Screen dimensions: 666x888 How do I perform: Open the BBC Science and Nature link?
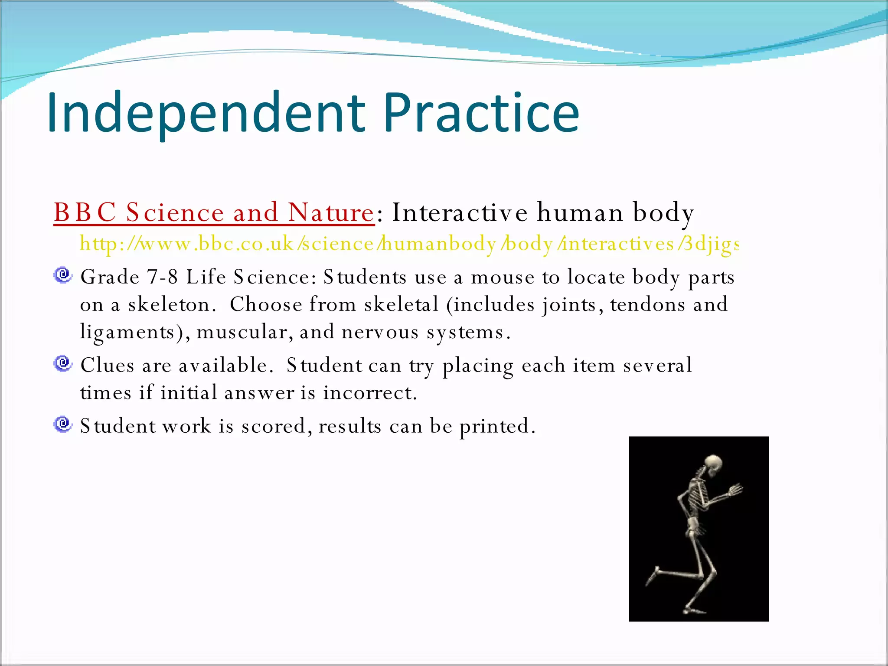pyautogui.click(x=214, y=212)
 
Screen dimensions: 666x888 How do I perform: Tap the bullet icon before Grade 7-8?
pyautogui.click(x=63, y=275)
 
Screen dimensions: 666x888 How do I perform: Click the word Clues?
pyautogui.click(x=107, y=365)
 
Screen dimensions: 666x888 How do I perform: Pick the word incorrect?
pyautogui.click(x=369, y=393)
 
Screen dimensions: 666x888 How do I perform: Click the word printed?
pyautogui.click(x=497, y=426)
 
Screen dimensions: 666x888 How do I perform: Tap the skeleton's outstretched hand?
pyautogui.click(x=735, y=490)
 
